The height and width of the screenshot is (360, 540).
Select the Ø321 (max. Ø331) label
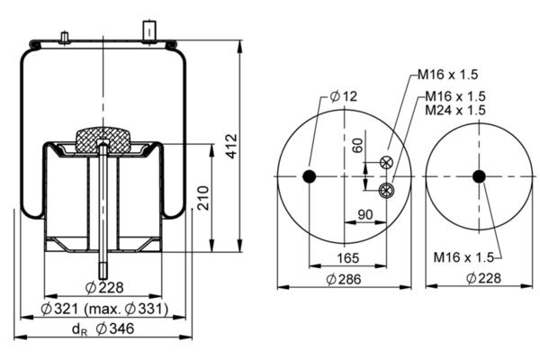(103, 311)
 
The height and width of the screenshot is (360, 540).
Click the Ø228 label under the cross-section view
(103, 288)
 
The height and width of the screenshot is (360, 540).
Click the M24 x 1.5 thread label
(455, 110)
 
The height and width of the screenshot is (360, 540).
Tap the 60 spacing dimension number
(359, 145)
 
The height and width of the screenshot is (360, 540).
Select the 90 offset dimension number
(366, 215)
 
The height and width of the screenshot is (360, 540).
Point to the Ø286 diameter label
(345, 280)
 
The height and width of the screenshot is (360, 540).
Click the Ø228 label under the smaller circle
(478, 280)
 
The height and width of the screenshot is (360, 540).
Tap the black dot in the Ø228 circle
(479, 175)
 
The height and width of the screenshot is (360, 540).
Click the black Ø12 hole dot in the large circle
(310, 175)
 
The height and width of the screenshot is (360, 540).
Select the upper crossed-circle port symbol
(387, 162)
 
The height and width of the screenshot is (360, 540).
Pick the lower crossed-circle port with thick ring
(387, 189)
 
